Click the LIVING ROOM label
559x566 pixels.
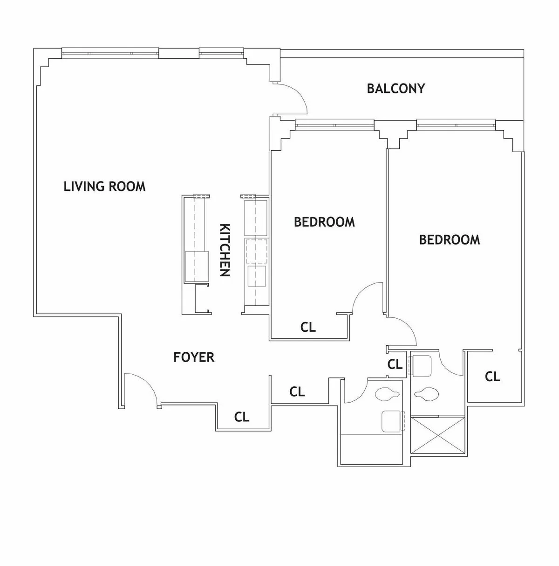coord(104,187)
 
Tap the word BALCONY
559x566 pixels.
coord(395,89)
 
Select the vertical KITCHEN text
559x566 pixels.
coord(225,250)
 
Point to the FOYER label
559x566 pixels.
coord(194,357)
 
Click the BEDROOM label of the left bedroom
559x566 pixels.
coord(324,222)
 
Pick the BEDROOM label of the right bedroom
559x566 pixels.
coord(449,240)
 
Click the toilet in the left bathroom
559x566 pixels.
coord(388,393)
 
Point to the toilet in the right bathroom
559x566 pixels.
coord(426,393)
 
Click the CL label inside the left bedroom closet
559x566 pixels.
coord(308,328)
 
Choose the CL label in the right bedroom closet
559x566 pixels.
coord(492,376)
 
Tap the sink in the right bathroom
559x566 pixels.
coord(422,365)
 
